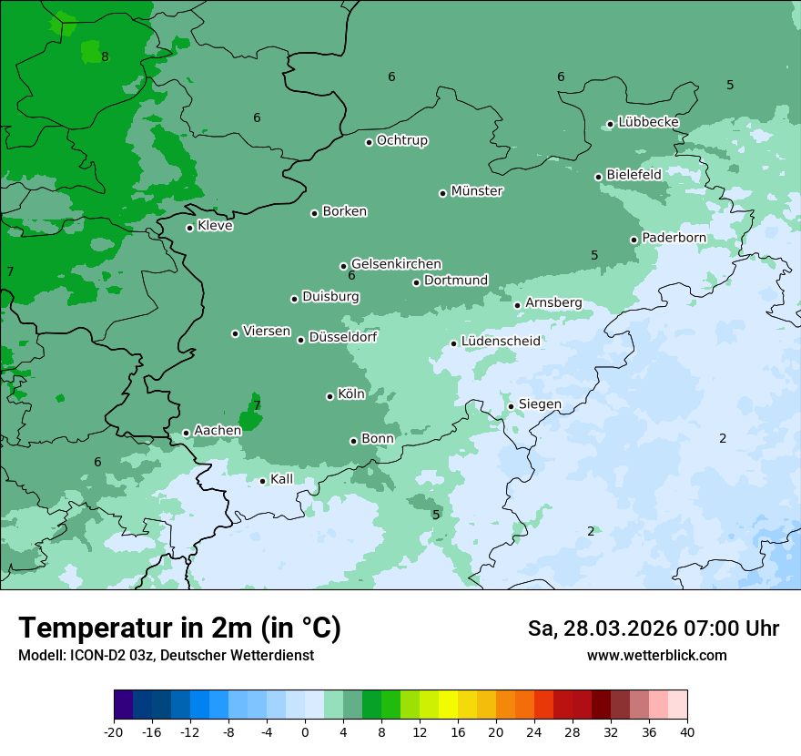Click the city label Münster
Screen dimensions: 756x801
point(477,191)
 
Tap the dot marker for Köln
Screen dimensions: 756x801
point(330,396)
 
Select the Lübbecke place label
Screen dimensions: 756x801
point(648,122)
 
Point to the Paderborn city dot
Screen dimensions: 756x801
point(634,240)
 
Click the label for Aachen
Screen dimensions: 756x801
point(218,431)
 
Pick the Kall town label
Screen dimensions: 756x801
point(281,479)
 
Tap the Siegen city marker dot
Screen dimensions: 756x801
point(512,406)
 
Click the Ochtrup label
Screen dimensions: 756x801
point(402,140)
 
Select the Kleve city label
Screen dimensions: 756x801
point(215,226)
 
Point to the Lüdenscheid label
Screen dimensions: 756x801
point(501,342)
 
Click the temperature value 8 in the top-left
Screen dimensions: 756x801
point(105,56)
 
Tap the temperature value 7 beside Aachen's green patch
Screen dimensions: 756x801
point(257,405)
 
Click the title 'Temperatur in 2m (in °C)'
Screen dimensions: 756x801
point(179,628)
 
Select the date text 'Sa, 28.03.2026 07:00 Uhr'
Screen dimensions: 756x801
point(653,628)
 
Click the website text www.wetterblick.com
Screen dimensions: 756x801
point(656,656)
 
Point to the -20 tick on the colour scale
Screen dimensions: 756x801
point(114,732)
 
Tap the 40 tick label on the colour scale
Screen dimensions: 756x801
point(687,732)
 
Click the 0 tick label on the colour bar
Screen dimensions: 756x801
point(305,732)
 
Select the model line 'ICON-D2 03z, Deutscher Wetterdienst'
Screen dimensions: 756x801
point(166,656)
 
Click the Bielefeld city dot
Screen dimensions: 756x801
point(599,177)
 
